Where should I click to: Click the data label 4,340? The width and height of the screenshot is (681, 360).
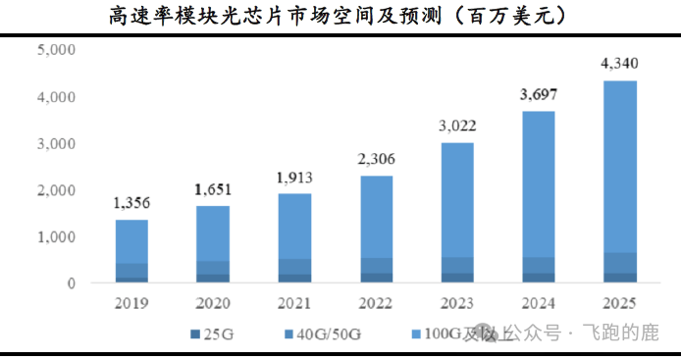pos(619,64)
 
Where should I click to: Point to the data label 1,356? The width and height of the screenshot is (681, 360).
pos(131,204)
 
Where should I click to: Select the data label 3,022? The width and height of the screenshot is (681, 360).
pos(456,126)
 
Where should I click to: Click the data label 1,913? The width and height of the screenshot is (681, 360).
pos(294,178)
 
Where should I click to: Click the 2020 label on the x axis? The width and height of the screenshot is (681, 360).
pos(213,302)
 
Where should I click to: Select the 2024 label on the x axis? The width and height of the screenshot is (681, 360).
pos(538,302)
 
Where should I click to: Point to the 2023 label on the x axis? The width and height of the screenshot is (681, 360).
pos(456,302)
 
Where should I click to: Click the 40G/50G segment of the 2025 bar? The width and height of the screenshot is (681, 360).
pos(619,262)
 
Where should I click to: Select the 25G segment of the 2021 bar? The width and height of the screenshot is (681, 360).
pos(294,278)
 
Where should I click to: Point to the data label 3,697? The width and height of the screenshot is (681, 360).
pos(538,94)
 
